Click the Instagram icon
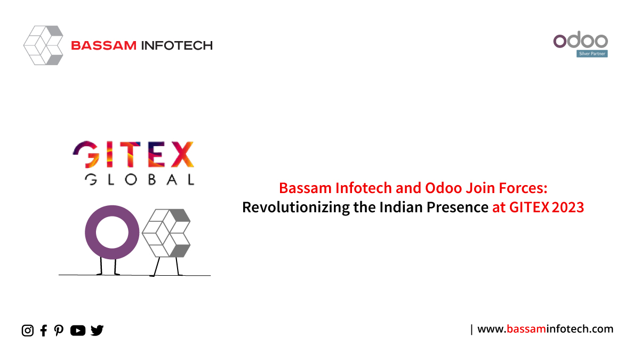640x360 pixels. (x=27, y=331)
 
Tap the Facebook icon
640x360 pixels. (x=44, y=331)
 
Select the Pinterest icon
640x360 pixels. (x=59, y=331)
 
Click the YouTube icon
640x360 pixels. (x=78, y=331)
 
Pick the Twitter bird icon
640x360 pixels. (x=97, y=330)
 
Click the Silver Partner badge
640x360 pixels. (x=592, y=54)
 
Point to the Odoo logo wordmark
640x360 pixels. (x=581, y=40)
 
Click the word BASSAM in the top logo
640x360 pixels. (x=103, y=45)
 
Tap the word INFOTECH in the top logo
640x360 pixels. (x=177, y=45)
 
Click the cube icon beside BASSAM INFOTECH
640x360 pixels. (x=43, y=45)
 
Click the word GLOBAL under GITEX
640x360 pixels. (x=140, y=180)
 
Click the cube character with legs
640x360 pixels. (x=166, y=242)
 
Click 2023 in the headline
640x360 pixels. (x=568, y=207)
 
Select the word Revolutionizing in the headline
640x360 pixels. (x=296, y=207)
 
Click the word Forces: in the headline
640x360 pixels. (x=523, y=188)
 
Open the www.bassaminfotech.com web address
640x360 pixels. (x=546, y=329)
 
